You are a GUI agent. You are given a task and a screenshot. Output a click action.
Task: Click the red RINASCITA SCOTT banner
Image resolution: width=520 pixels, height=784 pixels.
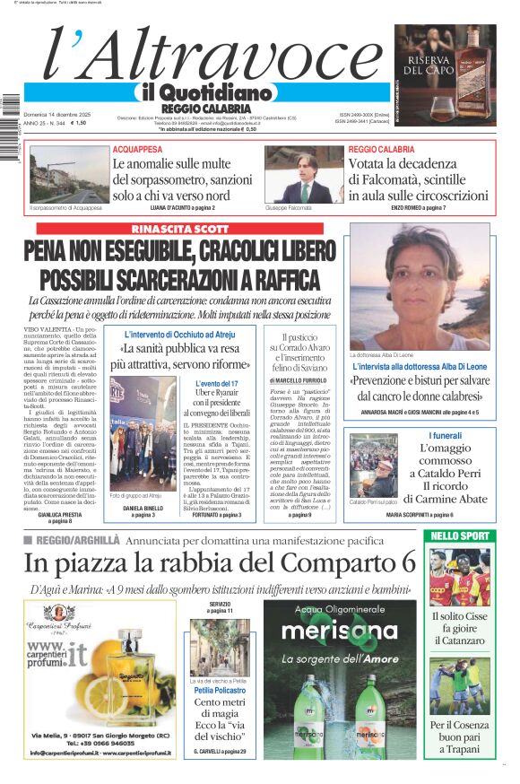click(x=176, y=229)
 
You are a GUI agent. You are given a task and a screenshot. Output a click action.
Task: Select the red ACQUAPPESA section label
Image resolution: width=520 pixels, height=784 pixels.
click(x=137, y=149)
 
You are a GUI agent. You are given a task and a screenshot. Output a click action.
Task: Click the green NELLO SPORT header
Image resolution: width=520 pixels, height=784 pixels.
click(x=484, y=536)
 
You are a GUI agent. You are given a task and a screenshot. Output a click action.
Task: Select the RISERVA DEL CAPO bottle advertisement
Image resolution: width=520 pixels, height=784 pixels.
click(x=446, y=74)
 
